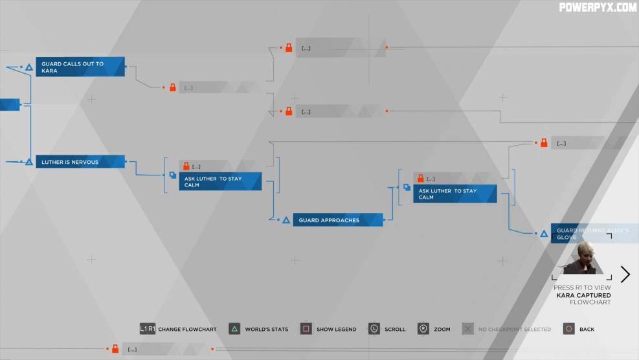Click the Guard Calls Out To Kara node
tap(80, 67)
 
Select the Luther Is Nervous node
tap(80, 162)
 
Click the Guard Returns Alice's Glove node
tap(594, 234)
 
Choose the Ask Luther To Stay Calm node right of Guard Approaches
tap(454, 194)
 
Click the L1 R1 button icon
tap(148, 329)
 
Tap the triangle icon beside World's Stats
tap(234, 329)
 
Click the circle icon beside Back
tap(568, 329)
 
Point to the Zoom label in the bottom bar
tap(442, 330)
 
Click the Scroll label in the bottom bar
tap(395, 330)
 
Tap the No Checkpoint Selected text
tap(515, 330)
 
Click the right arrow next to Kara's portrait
tap(625, 274)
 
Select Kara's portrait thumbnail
tap(582, 259)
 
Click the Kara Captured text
tap(583, 295)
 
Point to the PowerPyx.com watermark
tap(598, 8)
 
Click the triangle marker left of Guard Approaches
tap(286, 221)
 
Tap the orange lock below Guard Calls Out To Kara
tap(173, 87)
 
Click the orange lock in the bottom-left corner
tap(115, 350)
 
